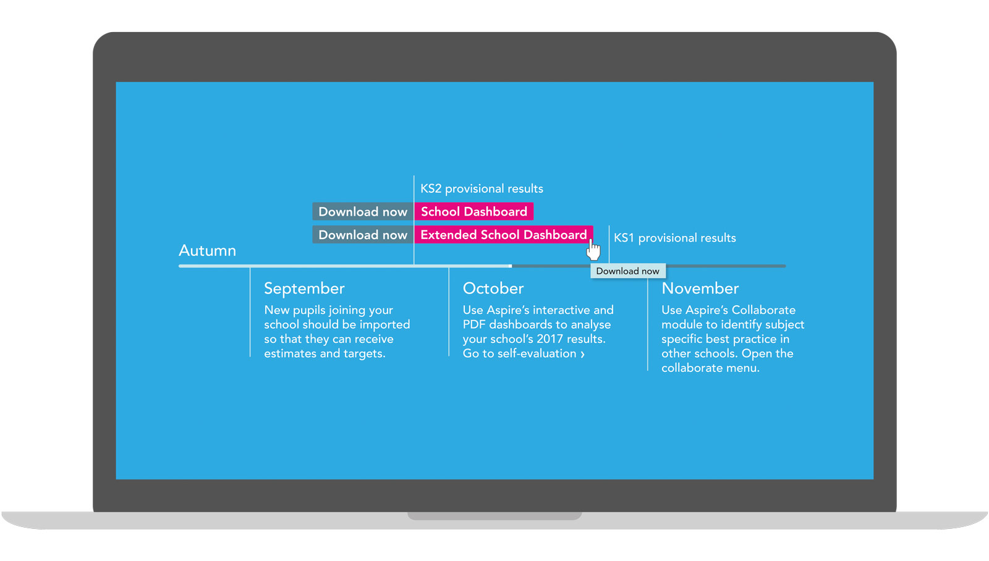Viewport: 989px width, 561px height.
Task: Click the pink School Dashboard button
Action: pos(473,211)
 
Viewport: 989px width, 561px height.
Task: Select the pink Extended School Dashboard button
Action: pos(503,235)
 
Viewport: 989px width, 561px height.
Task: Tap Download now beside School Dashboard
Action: pos(363,211)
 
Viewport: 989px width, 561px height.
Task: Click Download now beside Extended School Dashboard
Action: pos(363,235)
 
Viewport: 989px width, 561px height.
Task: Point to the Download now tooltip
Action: pos(628,271)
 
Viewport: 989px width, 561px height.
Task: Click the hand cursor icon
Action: pos(593,250)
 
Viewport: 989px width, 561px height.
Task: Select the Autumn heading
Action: pos(207,251)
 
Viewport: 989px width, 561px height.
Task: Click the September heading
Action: pos(304,289)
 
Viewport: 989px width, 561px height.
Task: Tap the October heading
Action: pos(493,289)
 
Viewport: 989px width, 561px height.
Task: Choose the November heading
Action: pos(700,289)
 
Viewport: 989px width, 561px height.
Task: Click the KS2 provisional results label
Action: pos(482,189)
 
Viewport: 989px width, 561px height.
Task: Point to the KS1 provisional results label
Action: pos(674,238)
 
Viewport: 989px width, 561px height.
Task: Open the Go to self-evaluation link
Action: pos(524,353)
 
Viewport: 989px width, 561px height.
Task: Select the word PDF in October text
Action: pos(474,324)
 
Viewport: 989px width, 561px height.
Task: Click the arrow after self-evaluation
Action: pos(582,354)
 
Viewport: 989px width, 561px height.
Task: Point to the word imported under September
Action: pos(384,325)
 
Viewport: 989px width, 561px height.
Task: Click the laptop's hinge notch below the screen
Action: pos(494,515)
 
